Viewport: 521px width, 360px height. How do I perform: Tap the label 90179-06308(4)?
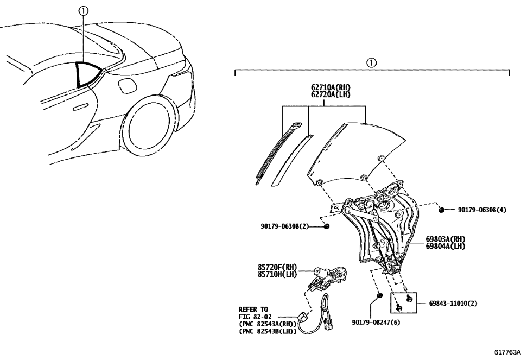pos(481,210)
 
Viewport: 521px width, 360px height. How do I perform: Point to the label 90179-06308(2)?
pos(284,226)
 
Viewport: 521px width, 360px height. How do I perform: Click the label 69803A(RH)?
pos(445,239)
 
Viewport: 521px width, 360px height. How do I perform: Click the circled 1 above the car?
pos(83,10)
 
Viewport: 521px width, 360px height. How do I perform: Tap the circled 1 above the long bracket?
pos(371,62)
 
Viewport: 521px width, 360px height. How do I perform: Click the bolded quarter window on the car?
pos(87,74)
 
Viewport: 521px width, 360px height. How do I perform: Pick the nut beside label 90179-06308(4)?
pos(442,210)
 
